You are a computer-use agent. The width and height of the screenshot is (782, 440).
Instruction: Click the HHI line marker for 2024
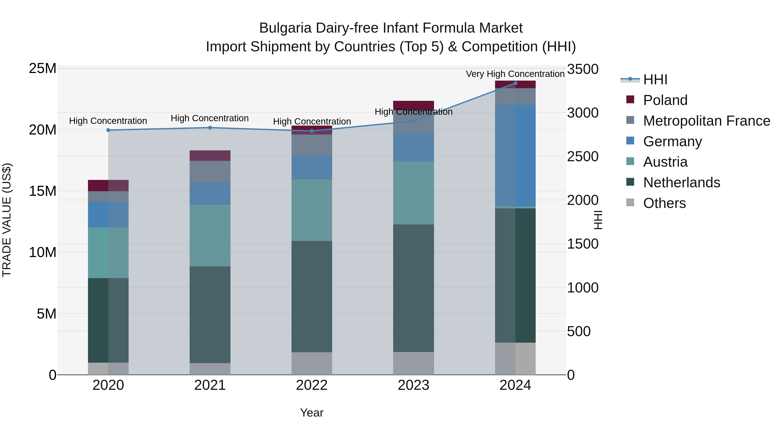point(515,83)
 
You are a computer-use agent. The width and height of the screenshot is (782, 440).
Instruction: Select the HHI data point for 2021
point(210,128)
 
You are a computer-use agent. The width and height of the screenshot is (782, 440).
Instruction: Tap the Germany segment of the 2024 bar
point(515,156)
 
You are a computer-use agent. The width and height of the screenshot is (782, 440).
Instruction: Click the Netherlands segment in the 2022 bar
point(312,296)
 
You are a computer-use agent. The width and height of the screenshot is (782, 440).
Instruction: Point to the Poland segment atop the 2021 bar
point(210,156)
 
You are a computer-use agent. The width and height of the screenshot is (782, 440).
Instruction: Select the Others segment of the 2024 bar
point(515,358)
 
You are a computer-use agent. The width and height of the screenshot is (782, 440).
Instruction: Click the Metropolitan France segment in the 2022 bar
point(312,145)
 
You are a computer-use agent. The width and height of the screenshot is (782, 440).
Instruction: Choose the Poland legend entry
point(665,100)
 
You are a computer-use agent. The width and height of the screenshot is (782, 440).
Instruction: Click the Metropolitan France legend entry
point(706,121)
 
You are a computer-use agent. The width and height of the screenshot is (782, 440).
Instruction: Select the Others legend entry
point(664,203)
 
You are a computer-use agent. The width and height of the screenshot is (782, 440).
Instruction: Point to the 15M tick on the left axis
point(43,191)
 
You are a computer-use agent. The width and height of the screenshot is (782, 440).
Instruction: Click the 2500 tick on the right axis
point(583,157)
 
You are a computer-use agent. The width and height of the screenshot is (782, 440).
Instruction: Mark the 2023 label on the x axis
point(413,385)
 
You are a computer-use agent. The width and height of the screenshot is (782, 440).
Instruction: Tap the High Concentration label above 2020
point(108,121)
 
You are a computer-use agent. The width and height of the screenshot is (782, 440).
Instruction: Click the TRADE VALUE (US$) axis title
point(7,220)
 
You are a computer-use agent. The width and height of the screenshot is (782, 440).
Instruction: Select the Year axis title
point(312,413)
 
